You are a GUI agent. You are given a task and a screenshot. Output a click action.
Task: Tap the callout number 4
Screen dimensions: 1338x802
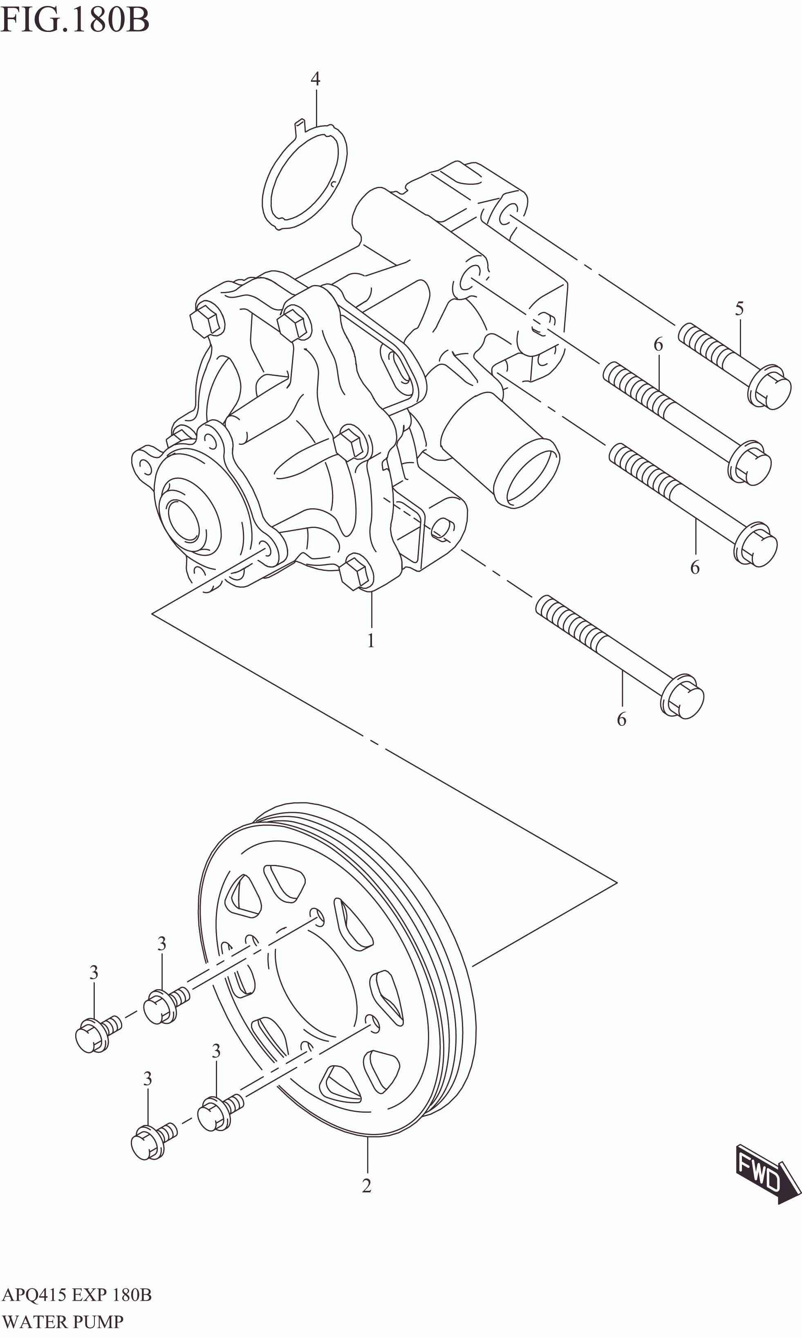click(x=315, y=79)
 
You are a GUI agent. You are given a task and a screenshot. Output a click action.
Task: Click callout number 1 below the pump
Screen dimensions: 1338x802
click(x=371, y=641)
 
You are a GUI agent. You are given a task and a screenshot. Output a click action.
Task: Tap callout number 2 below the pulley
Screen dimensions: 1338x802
click(x=366, y=1185)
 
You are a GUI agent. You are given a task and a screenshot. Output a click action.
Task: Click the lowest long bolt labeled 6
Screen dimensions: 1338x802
click(x=621, y=660)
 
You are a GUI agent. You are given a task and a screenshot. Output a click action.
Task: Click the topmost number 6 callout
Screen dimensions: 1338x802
click(x=658, y=344)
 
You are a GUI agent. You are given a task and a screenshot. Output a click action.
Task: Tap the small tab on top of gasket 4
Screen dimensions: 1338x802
click(x=298, y=126)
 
